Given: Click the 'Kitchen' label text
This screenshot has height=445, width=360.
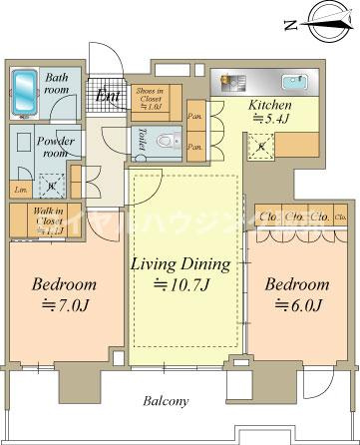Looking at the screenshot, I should [269, 105].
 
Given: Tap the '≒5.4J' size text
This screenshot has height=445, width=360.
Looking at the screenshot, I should [269, 121].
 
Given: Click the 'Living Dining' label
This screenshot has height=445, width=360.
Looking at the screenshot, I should [181, 265].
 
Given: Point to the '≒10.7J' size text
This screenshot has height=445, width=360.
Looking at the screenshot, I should [181, 288].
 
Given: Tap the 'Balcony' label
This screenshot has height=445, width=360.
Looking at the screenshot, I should [165, 402].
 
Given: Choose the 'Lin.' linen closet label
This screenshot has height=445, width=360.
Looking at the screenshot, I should [21, 187].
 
